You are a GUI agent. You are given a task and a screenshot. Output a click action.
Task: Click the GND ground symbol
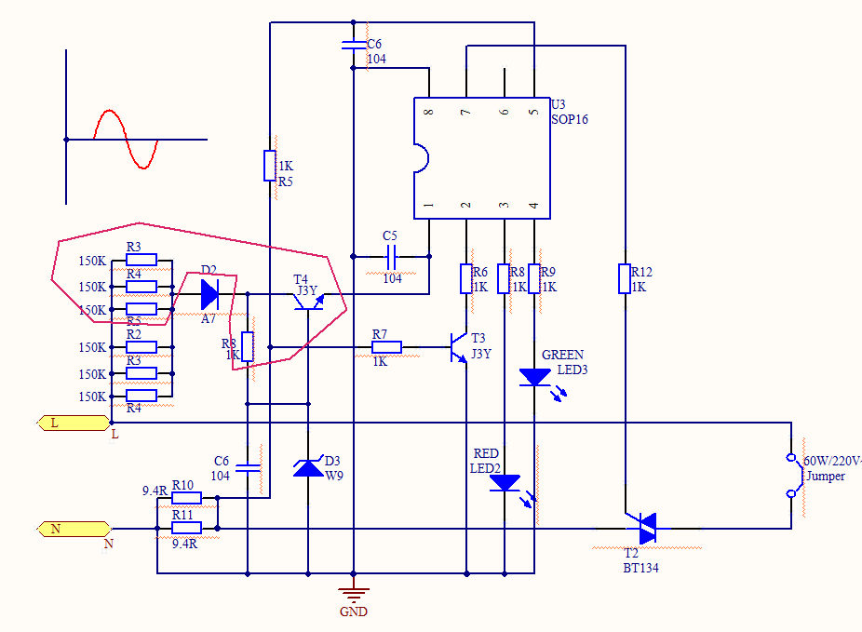pyautogui.click(x=353, y=592)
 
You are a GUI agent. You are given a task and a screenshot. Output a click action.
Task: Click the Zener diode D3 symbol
pyautogui.click(x=308, y=466)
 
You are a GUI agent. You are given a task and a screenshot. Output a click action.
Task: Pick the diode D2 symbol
pyautogui.click(x=209, y=294)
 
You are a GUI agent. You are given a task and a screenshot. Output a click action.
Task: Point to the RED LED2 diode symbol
pyautogui.click(x=505, y=482)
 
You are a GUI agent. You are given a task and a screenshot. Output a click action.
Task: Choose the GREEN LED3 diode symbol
pyautogui.click(x=534, y=376)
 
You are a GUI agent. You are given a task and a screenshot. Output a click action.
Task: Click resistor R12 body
pyautogui.click(x=624, y=278)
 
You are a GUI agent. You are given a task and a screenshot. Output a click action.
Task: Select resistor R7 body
pyautogui.click(x=386, y=347)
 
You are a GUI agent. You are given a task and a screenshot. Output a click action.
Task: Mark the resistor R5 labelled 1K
pyautogui.click(x=269, y=165)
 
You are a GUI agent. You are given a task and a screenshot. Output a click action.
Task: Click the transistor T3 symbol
pyautogui.click(x=460, y=346)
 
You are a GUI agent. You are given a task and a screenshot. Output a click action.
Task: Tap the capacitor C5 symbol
pyautogui.click(x=391, y=256)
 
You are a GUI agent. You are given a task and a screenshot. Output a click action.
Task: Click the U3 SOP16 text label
pyautogui.click(x=569, y=112)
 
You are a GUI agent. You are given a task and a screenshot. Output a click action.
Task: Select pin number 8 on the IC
pyautogui.click(x=428, y=112)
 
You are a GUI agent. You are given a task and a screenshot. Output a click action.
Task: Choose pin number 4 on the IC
pyautogui.click(x=533, y=205)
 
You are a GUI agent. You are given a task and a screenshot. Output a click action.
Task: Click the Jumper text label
pyautogui.click(x=825, y=476)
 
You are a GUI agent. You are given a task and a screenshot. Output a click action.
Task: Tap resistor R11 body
pyautogui.click(x=186, y=528)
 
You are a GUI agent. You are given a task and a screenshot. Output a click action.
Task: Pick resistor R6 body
pyautogui.click(x=466, y=278)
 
